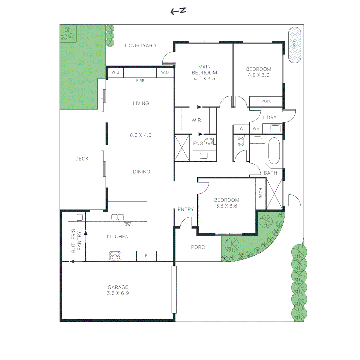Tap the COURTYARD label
[x=140, y=45]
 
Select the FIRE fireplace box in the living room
[x=140, y=75]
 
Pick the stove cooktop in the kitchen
[x=115, y=256]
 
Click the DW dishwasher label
[x=127, y=224]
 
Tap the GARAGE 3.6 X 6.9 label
[x=118, y=290]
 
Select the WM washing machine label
[x=256, y=129]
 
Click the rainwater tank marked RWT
[x=294, y=45]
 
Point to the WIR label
[x=196, y=120]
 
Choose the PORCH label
[x=200, y=247]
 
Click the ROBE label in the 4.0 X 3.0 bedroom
[x=266, y=101]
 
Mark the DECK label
[x=82, y=159]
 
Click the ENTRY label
[x=186, y=209]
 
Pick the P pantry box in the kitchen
[x=146, y=256]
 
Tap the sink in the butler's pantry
[x=80, y=217]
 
